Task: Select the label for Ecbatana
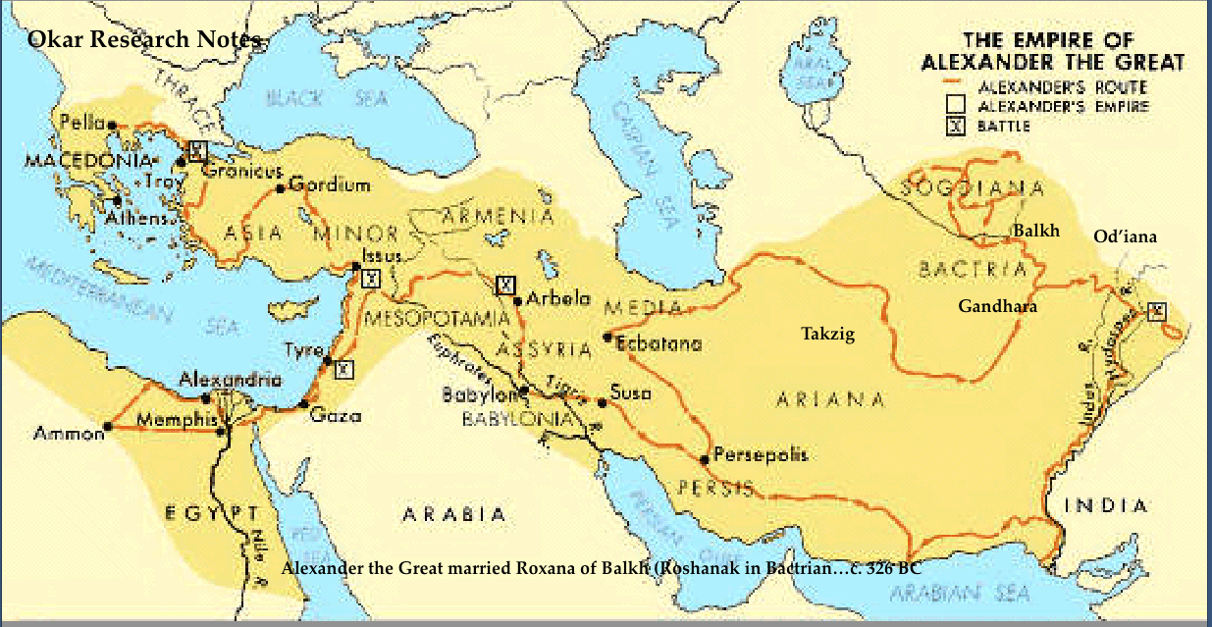click(659, 343)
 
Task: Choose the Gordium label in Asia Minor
click(330, 184)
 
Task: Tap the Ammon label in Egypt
click(68, 433)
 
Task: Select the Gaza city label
click(336, 415)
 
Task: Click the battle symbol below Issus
click(370, 278)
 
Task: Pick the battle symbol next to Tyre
click(343, 369)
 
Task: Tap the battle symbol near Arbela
click(504, 286)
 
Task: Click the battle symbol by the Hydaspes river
click(1157, 312)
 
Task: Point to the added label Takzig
click(827, 335)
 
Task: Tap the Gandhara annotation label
click(997, 306)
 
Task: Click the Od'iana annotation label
click(1125, 236)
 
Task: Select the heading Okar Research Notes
click(144, 40)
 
